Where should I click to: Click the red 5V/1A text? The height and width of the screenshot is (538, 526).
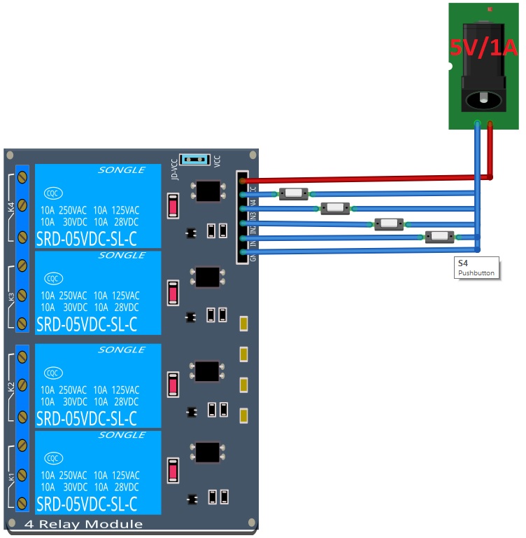pos(483,48)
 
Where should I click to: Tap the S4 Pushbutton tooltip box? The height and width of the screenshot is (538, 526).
pos(476,268)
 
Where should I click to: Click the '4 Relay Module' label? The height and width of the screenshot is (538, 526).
pos(83,524)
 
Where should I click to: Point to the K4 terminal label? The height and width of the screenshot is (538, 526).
pos(10,207)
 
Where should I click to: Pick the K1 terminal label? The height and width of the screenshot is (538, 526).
pos(10,477)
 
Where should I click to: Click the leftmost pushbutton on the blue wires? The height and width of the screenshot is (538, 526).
pos(293,193)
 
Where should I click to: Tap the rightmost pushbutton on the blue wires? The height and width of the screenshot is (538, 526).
pos(439,236)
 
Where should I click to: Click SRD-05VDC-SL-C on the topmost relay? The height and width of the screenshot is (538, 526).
pos(87,239)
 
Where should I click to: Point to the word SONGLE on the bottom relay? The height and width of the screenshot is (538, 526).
pos(121,435)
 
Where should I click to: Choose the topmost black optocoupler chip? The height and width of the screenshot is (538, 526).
pos(207,190)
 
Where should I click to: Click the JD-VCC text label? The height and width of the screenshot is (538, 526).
pos(174,171)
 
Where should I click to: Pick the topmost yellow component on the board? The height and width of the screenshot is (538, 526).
pos(244,324)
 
